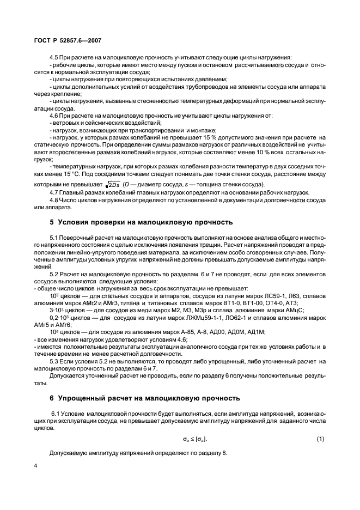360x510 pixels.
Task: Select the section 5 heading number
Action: [51, 222]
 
